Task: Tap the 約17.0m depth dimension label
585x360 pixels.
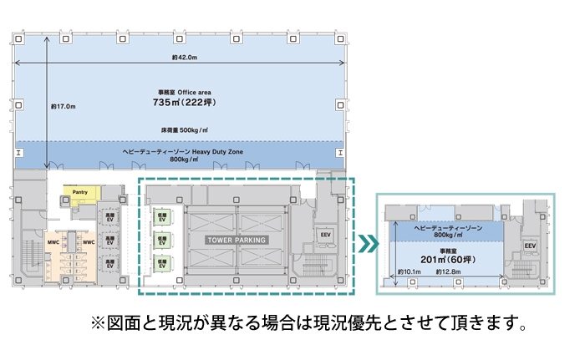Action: pyautogui.click(x=63, y=106)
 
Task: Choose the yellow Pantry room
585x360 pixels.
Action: pyautogui.click(x=80, y=193)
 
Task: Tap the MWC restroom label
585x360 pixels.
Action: pyautogui.click(x=53, y=243)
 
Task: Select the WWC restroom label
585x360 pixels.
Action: pyautogui.click(x=88, y=243)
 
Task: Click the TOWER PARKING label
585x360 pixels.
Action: pyautogui.click(x=236, y=240)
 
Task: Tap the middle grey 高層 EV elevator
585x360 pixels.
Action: pyautogui.click(x=110, y=241)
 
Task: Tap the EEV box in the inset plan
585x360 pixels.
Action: pyautogui.click(x=529, y=246)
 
